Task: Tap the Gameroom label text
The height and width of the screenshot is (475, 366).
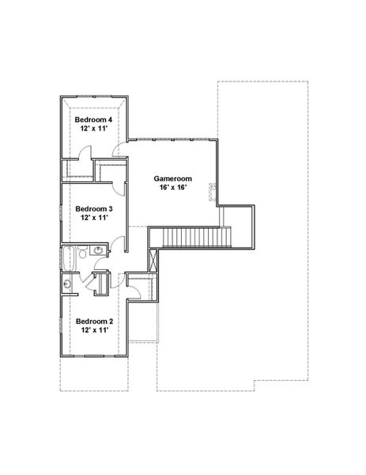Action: (x=172, y=179)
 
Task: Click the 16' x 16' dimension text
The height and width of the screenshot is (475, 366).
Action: (x=172, y=188)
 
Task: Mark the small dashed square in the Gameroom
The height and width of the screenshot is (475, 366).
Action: (x=213, y=188)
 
